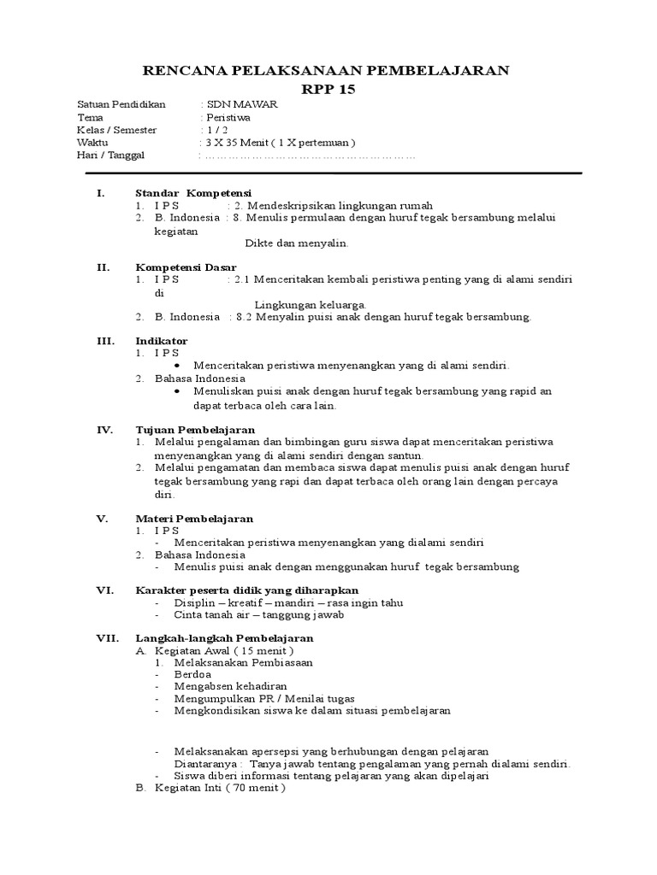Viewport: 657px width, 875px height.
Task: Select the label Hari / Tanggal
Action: pos(111,155)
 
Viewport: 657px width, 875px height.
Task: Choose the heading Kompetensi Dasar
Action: pos(186,267)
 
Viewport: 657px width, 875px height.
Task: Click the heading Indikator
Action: pos(161,341)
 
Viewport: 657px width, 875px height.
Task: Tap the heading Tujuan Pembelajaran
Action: pos(195,429)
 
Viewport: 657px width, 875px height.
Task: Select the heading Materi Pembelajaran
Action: pos(194,519)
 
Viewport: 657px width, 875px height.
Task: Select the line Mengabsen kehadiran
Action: pos(230,686)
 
